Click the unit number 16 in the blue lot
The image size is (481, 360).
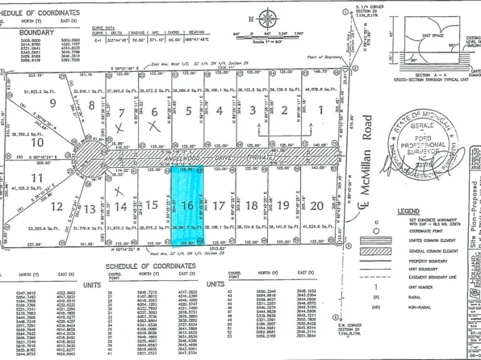coord(186,205)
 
